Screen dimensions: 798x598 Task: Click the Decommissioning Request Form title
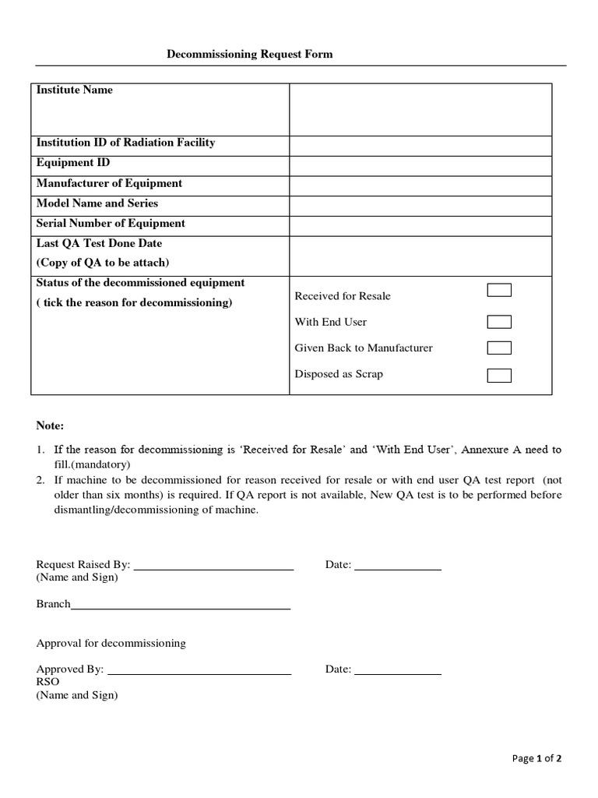[250, 54]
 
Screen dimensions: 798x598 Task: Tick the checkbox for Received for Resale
[499, 291]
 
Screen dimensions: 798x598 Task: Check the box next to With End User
[499, 322]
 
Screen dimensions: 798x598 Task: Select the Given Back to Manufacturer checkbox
[499, 348]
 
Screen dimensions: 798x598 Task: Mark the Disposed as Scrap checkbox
[499, 376]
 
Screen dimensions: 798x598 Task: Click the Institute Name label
[75, 90]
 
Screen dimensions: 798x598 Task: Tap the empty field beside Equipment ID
[420, 165]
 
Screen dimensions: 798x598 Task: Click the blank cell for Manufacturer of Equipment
[420, 185]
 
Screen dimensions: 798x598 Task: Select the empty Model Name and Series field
[420, 206]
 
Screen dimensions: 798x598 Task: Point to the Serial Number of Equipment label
[111, 224]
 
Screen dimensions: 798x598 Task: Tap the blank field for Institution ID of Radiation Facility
[420, 145]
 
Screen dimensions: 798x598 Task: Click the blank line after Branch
[181, 606]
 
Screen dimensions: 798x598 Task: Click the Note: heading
[51, 426]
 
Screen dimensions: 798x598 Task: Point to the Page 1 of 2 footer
[536, 758]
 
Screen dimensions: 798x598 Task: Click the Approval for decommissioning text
[111, 643]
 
